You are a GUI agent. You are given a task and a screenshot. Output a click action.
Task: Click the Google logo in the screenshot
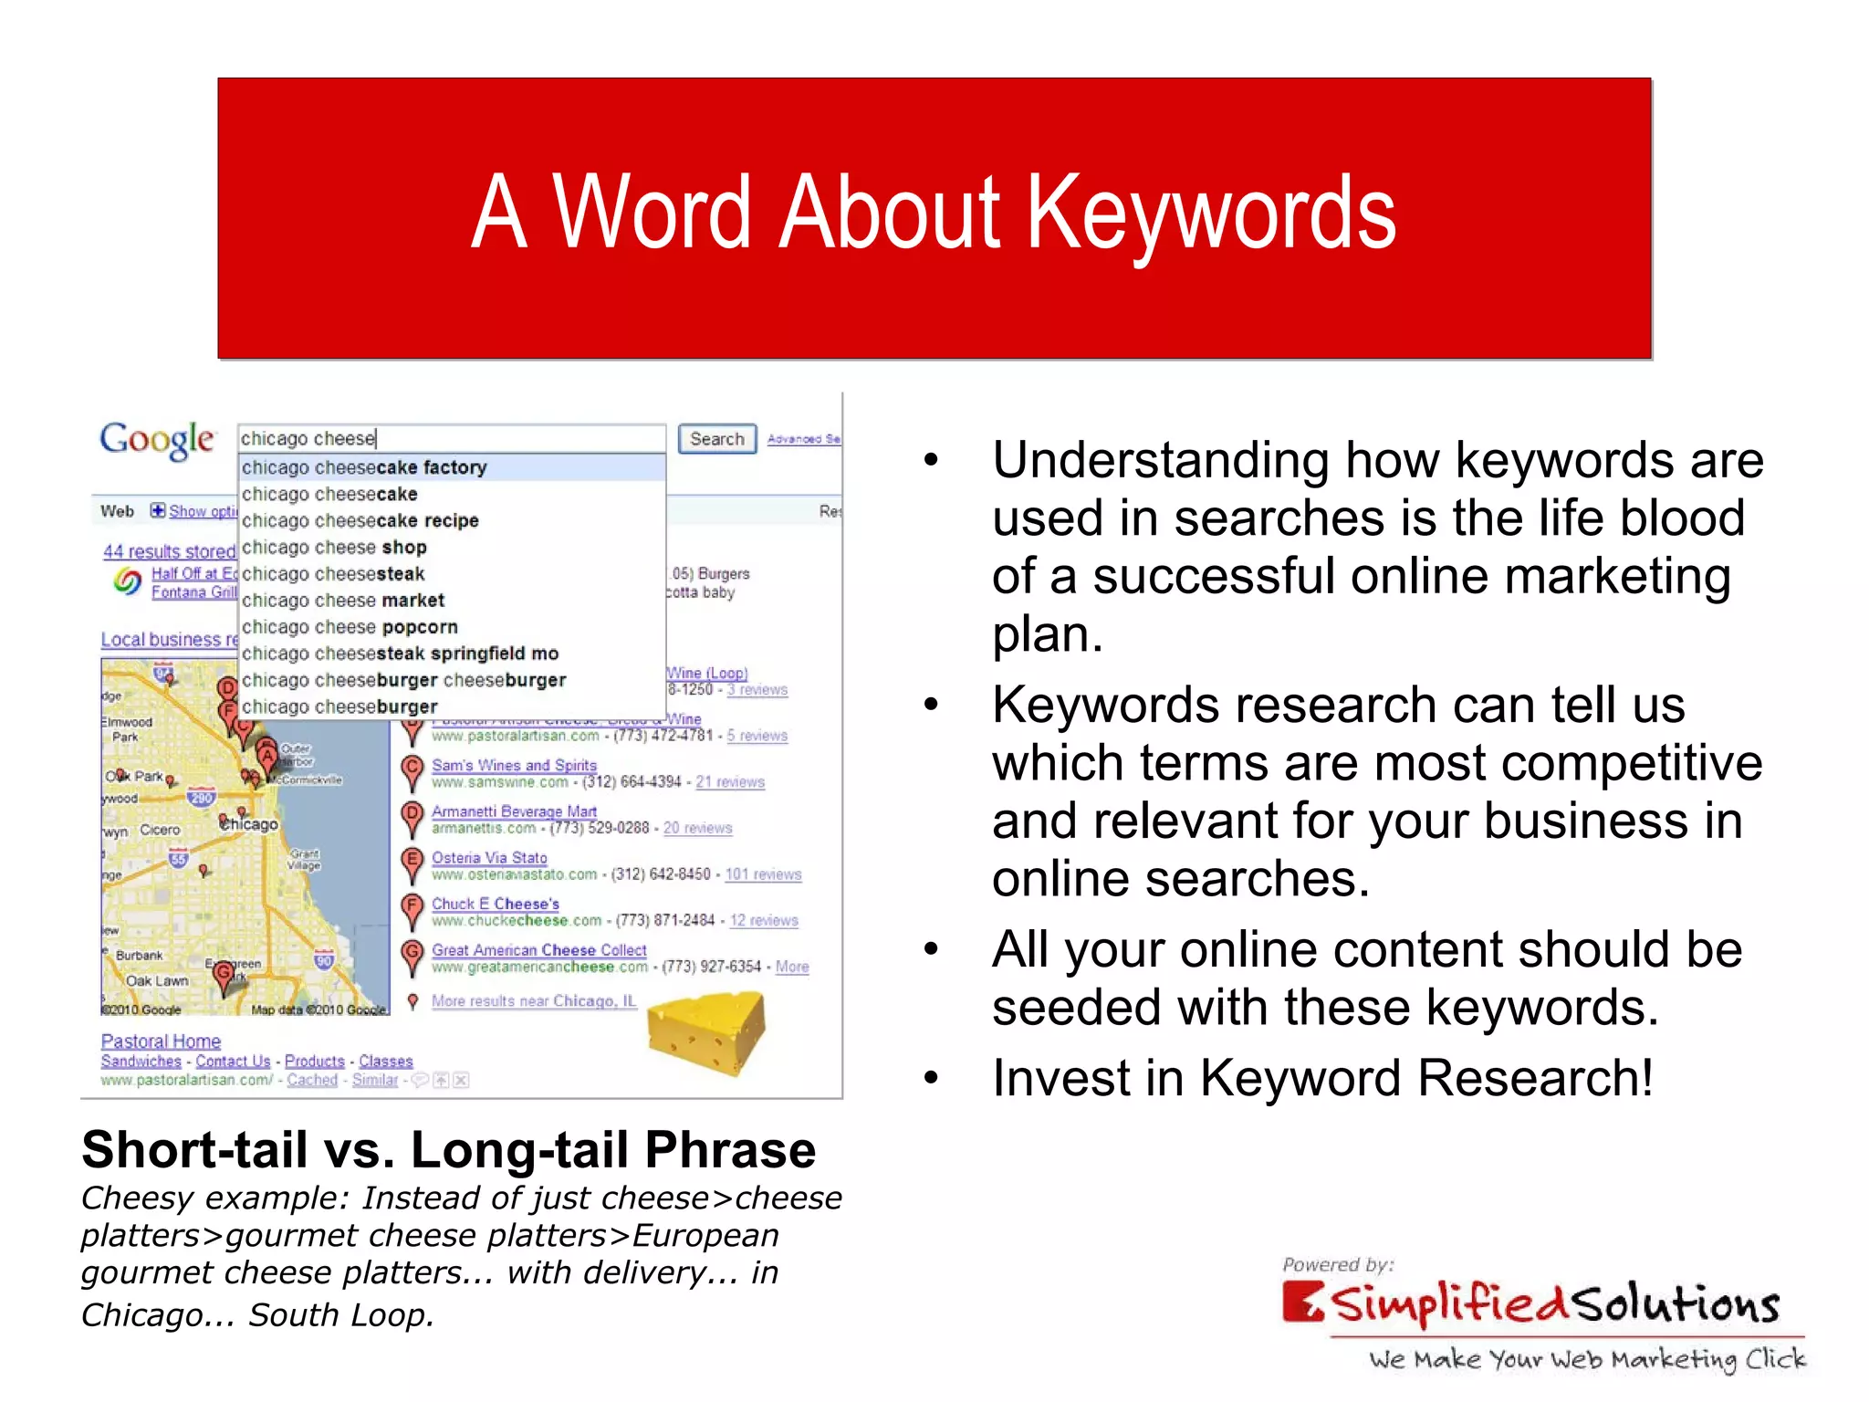point(157,441)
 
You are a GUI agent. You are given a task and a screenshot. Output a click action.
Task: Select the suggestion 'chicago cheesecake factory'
point(364,467)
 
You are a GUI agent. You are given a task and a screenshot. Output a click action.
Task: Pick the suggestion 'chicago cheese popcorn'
point(350,627)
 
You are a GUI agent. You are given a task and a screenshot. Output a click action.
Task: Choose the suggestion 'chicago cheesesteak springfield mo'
point(400,654)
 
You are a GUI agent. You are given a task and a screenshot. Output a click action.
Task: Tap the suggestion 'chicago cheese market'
point(343,601)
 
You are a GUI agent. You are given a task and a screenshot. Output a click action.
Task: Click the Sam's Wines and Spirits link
point(514,765)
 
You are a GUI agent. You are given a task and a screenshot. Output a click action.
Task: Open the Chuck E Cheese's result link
point(495,904)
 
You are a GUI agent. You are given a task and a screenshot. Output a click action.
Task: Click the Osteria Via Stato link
point(489,858)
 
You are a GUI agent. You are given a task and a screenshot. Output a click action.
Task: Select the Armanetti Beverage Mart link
point(514,811)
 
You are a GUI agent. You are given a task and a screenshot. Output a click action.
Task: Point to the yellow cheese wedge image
point(705,1032)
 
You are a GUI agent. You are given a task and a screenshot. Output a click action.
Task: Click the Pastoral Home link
point(161,1041)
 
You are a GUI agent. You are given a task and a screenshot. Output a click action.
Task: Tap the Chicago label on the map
point(251,824)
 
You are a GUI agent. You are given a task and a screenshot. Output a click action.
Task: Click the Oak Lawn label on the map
point(157,981)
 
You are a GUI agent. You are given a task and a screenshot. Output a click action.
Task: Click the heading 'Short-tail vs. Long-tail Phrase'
point(448,1149)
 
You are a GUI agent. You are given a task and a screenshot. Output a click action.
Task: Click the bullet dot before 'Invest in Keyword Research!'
point(930,1079)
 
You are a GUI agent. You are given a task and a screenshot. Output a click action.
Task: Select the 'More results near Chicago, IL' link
point(534,1001)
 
